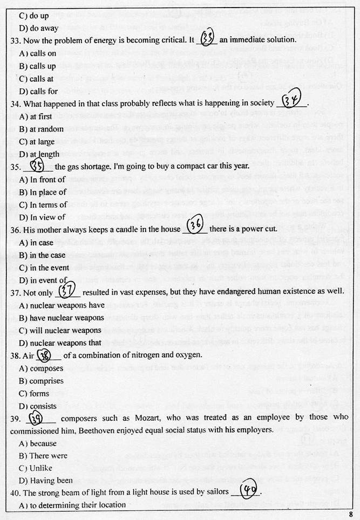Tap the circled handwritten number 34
tap(291, 101)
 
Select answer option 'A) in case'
tap(37, 242)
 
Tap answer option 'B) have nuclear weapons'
tap(61, 317)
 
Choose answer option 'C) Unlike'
tap(37, 468)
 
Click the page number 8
tap(350, 514)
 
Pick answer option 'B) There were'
tap(43, 455)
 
